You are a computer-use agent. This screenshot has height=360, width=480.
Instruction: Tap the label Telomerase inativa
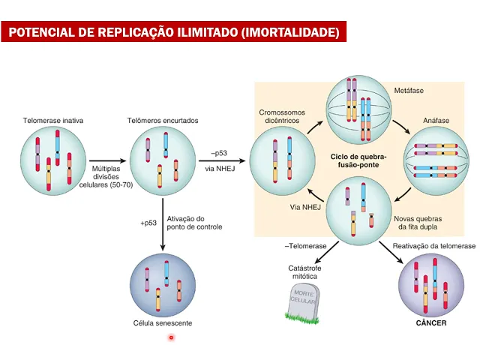click(53, 119)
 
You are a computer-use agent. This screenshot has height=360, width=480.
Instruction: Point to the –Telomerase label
click(307, 246)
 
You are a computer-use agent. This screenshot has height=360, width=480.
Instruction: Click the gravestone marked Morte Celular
click(302, 301)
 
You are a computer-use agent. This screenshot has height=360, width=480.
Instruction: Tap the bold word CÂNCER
click(431, 323)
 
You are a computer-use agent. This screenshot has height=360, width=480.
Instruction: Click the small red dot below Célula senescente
click(171, 337)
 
